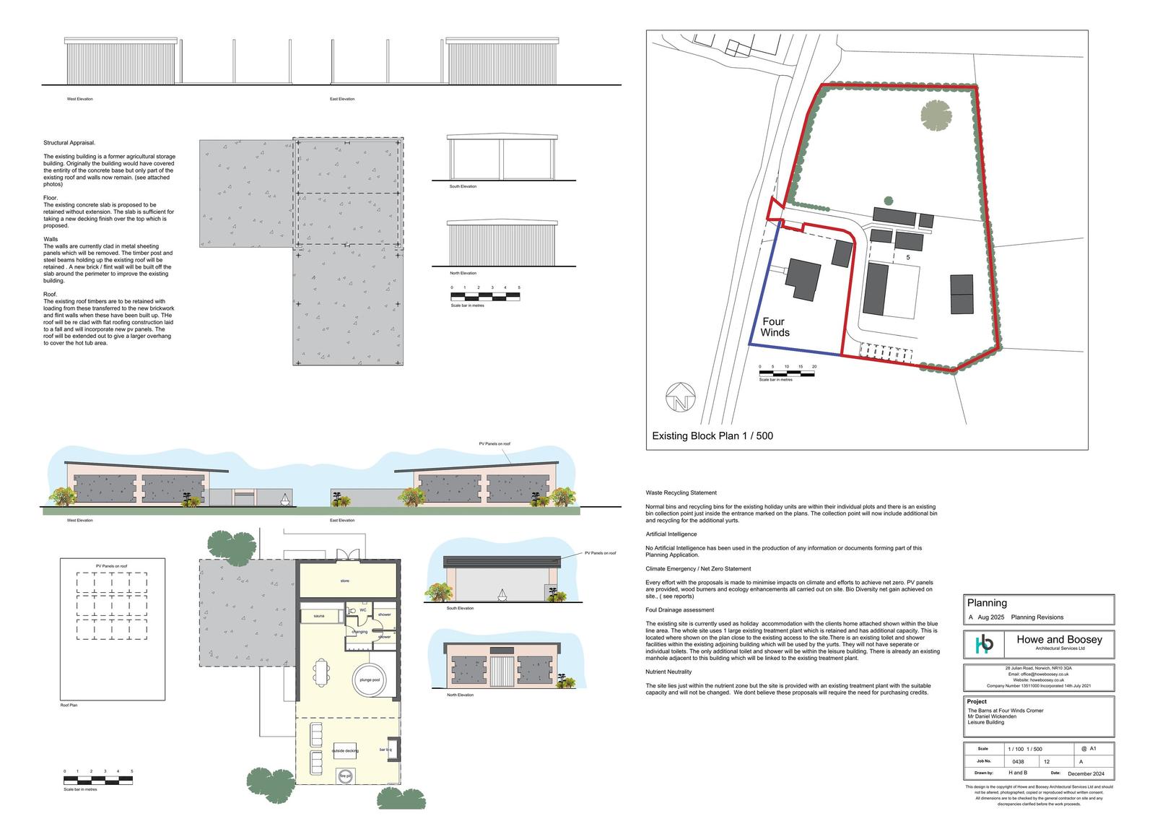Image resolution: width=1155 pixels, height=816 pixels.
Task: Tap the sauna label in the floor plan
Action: [318, 616]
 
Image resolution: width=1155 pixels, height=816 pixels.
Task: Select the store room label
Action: [344, 581]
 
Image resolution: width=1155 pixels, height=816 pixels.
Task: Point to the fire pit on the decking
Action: [345, 777]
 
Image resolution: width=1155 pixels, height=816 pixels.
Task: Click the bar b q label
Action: [385, 750]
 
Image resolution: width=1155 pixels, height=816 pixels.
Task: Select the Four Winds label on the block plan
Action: [775, 327]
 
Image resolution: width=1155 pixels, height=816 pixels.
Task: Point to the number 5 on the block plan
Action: [908, 257]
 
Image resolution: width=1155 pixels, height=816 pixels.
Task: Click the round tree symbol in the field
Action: [936, 114]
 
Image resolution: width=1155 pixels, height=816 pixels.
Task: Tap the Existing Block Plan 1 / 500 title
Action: [712, 436]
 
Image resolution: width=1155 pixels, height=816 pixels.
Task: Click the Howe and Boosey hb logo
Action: [985, 643]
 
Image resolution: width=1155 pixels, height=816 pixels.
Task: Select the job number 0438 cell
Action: [1018, 761]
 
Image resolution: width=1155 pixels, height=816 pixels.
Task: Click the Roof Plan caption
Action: [69, 705]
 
